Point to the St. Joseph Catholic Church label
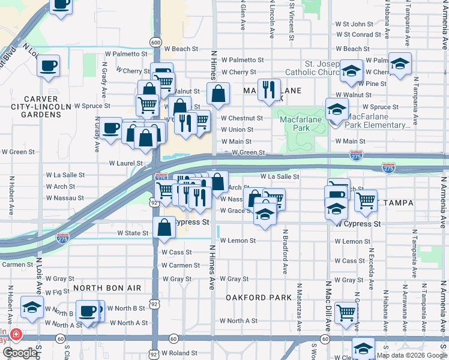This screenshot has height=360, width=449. (322, 68)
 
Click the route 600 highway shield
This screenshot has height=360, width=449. (156, 42)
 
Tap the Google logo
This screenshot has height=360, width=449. (19, 353)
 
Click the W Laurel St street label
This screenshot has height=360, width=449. (125, 163)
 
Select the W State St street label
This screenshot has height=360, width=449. (133, 233)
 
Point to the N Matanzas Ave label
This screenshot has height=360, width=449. (298, 306)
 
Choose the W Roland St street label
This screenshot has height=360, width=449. (179, 353)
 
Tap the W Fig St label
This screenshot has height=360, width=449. (58, 292)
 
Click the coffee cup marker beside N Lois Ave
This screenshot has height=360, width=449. (49, 66)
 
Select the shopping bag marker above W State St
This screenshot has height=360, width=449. (164, 227)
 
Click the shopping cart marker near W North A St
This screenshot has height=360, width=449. (346, 313)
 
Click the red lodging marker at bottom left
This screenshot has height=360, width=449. (15, 334)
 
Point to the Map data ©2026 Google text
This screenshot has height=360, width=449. (411, 355)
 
